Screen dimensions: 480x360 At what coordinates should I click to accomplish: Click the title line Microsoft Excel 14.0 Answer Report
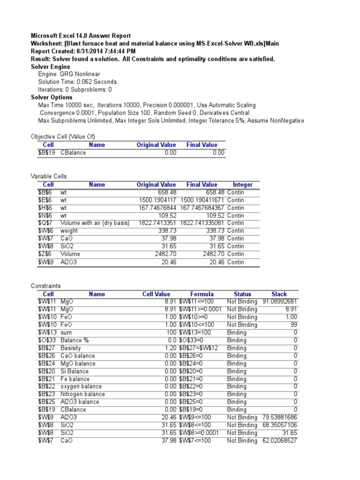point(81,36)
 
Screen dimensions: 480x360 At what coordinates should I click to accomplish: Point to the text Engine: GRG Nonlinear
point(69,74)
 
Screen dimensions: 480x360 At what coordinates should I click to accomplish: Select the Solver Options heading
point(50,97)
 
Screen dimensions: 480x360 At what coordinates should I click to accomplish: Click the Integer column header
point(242,185)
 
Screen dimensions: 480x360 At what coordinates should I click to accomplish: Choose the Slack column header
point(279,294)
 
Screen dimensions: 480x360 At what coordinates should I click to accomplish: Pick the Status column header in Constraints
point(242,294)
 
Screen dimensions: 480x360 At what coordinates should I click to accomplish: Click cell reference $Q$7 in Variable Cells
point(45,223)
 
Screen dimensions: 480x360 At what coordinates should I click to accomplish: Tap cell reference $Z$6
point(45,254)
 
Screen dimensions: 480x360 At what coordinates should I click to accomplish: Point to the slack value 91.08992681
point(280,302)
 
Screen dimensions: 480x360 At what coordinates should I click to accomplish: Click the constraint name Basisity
point(71,348)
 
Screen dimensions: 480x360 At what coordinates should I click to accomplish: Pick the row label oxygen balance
point(81,386)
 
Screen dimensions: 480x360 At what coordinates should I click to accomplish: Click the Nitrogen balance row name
point(82,394)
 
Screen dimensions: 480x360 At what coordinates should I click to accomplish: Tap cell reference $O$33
point(45,340)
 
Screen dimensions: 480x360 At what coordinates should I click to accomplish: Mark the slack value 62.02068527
point(280,440)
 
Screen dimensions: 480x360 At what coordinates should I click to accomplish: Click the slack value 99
point(293,325)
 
